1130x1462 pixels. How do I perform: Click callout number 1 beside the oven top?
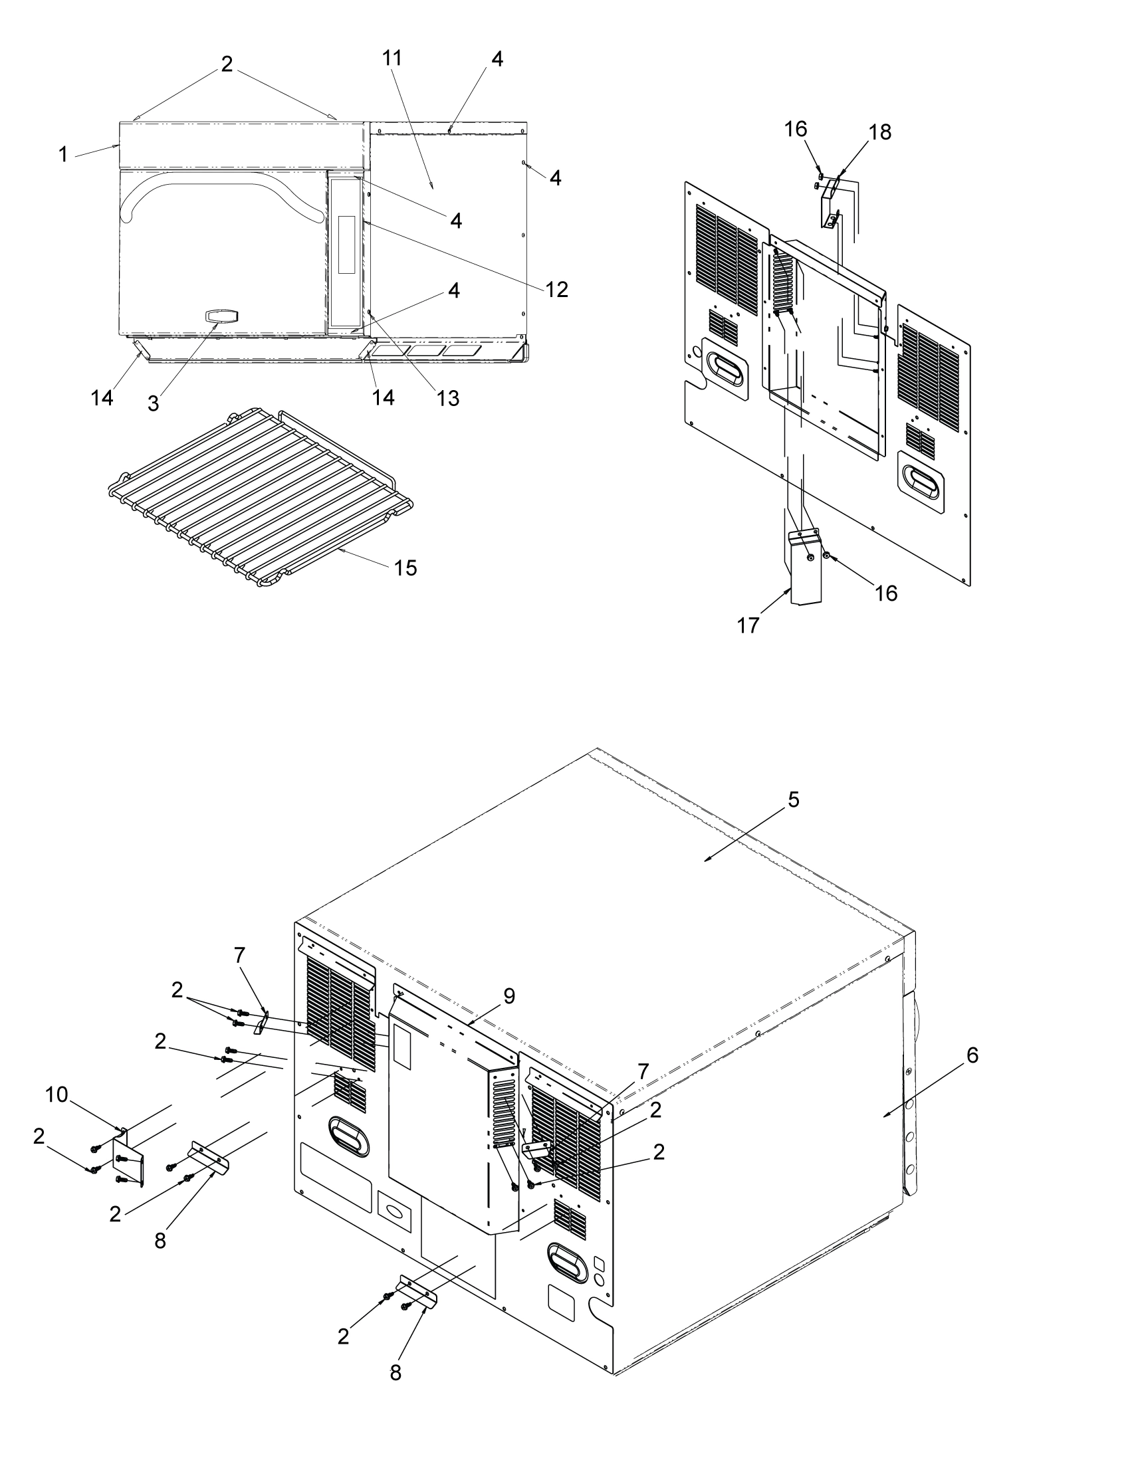(63, 155)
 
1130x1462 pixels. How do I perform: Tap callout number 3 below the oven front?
(154, 403)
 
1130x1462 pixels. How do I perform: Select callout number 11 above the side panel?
(393, 59)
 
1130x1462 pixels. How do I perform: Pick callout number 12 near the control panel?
(556, 289)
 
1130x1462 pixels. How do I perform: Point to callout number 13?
(448, 398)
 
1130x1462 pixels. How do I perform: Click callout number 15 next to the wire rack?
(405, 568)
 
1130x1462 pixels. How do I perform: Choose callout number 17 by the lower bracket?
(748, 625)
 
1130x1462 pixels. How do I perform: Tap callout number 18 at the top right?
(879, 132)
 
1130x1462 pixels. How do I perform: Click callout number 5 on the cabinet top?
(793, 799)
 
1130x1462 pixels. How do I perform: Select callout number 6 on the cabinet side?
(972, 1055)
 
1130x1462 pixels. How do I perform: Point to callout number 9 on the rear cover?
(509, 996)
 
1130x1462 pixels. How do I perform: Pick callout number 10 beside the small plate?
(57, 1096)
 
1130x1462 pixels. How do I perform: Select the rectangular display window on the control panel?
(347, 245)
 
